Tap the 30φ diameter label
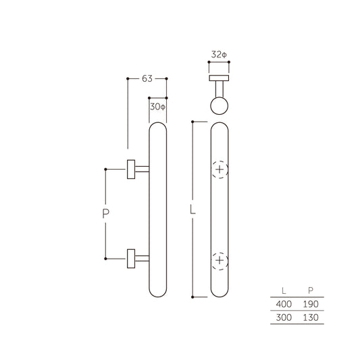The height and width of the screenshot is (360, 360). (x=157, y=106)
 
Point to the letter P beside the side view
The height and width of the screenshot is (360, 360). (x=105, y=214)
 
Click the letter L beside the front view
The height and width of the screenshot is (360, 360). (x=193, y=211)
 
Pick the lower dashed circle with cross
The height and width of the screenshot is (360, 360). (x=220, y=259)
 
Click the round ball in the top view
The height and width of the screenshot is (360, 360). (x=220, y=105)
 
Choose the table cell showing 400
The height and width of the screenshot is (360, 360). (x=280, y=305)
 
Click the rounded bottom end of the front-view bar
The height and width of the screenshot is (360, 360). (x=220, y=292)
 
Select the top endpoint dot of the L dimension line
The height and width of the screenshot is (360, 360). (x=193, y=122)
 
